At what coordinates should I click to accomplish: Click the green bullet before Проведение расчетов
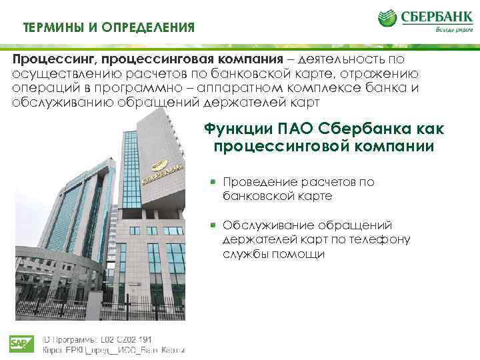tap(213, 181)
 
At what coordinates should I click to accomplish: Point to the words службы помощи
tap(274, 254)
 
